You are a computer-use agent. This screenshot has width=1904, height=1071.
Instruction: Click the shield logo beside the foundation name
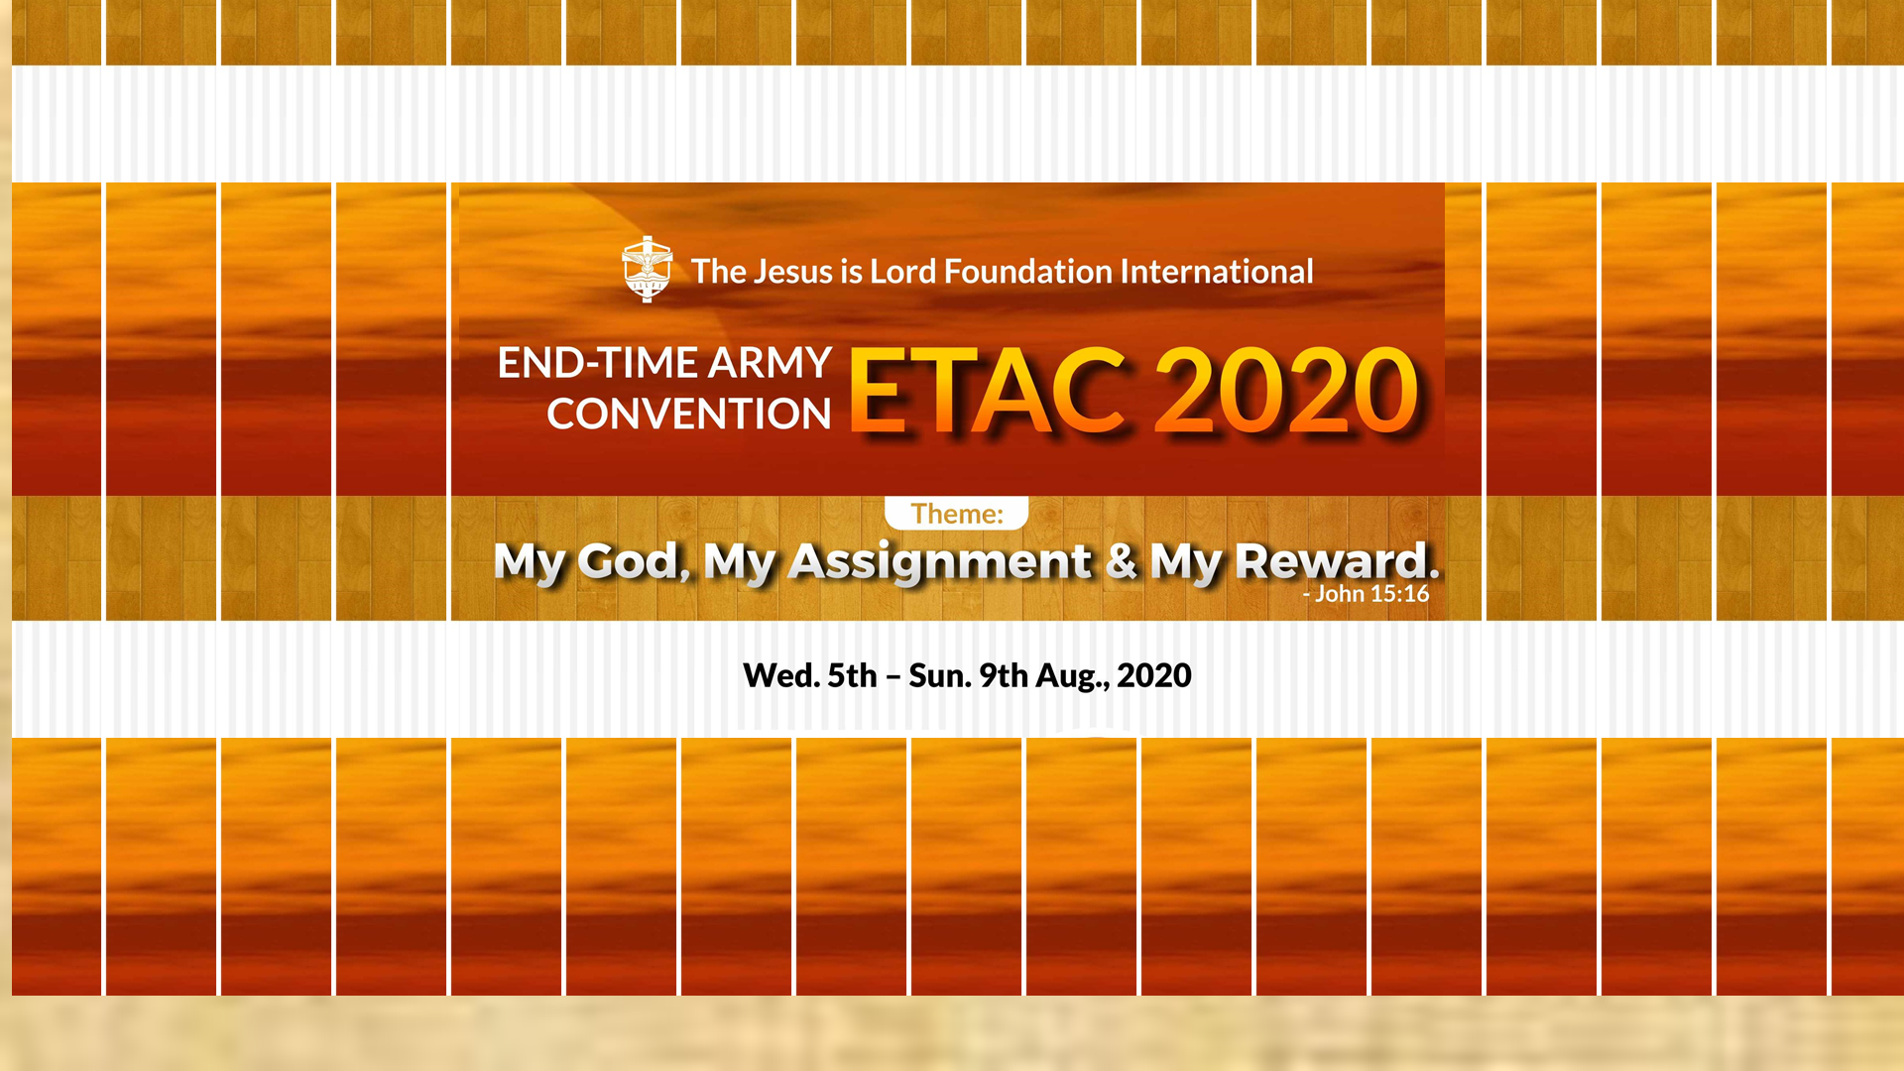pos(647,269)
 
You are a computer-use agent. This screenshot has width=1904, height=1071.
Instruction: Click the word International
pos(1217,272)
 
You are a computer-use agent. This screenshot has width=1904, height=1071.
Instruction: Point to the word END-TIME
pos(598,363)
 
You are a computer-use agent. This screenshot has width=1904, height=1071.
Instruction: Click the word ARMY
pos(770,363)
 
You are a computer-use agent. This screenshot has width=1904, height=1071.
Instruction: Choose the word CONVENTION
pos(689,414)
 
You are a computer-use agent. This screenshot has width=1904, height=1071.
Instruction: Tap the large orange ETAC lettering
pos(988,391)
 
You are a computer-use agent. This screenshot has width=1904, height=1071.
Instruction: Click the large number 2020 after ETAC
pos(1287,391)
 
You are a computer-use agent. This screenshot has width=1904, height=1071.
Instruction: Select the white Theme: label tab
pos(957,513)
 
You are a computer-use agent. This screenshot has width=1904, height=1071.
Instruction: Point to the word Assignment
pos(940,563)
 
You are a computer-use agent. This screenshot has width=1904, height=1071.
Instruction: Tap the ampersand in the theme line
pos(1122,560)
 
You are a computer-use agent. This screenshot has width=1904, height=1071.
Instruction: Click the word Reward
pos(1337,561)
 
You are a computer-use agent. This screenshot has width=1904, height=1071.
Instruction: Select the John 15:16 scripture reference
pos(1367,594)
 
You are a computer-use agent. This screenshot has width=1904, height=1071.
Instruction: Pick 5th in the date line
pos(853,675)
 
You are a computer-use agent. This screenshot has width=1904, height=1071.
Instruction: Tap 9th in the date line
pos(1004,675)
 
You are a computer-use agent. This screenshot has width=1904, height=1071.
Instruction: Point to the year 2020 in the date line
pos(1154,675)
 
